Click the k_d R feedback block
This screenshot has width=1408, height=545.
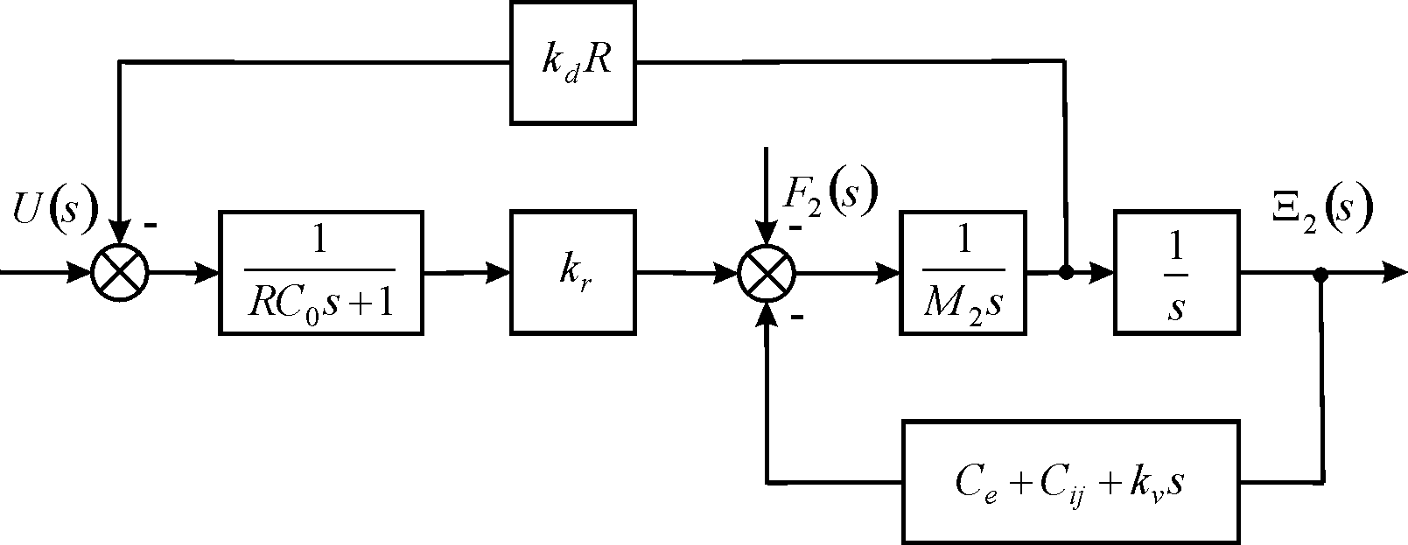[573, 62]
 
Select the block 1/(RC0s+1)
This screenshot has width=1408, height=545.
[320, 272]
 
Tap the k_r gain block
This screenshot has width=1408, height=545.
[573, 272]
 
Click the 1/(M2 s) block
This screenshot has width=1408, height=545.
[963, 272]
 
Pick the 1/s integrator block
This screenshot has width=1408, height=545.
[1176, 272]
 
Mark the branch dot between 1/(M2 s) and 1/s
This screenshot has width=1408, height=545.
[1066, 273]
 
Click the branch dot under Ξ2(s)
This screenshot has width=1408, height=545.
[1321, 274]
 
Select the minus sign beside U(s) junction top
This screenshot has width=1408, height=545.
[151, 226]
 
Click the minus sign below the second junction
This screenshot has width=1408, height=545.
[797, 318]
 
